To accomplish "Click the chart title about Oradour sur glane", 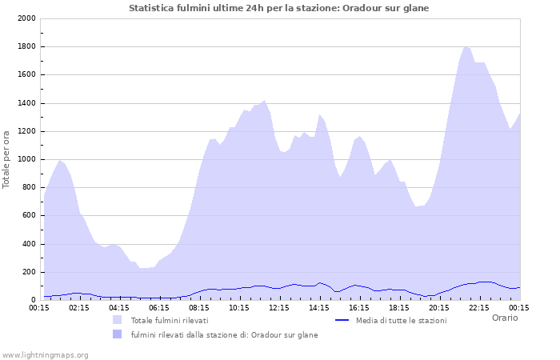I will click(278, 8).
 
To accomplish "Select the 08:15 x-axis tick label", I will click(199, 307).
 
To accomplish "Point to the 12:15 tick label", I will click(279, 307).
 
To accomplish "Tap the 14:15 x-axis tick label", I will click(319, 307).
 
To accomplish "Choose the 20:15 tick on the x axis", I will click(439, 307).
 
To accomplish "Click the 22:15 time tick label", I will click(479, 307).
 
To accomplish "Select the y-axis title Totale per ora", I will click(7, 159).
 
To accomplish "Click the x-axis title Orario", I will click(505, 318).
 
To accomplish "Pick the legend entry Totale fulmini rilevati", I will click(170, 321).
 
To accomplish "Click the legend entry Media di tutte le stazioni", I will click(401, 321).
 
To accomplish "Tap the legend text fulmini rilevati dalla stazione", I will click(224, 335).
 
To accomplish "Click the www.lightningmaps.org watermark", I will click(45, 355).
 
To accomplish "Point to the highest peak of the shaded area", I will click(466, 46).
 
